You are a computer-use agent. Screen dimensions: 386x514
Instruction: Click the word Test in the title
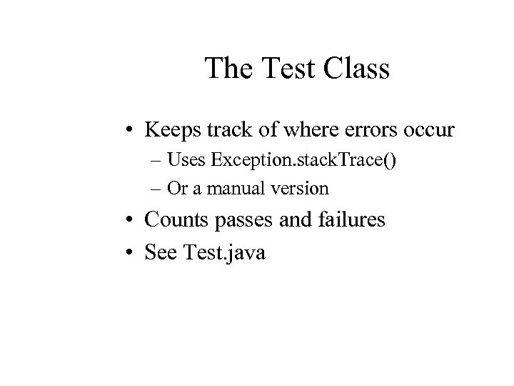pos(288,69)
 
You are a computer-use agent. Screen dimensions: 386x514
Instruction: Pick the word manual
pos(245,189)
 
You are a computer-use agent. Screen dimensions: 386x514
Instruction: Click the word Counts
pos(175,219)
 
